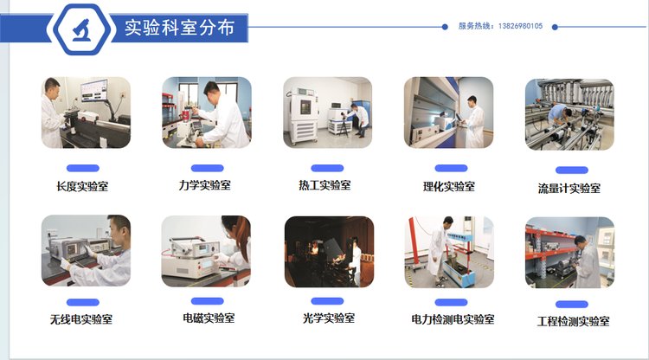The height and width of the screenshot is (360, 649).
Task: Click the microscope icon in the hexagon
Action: coord(81,29)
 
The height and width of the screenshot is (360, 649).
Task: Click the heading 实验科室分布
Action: coord(180,28)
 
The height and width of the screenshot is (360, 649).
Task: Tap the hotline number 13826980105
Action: coord(520,26)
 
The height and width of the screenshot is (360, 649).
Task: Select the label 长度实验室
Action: coord(82,187)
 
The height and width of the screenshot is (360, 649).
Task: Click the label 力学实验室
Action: coord(204,185)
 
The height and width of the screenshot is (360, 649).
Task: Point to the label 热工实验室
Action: coord(324,185)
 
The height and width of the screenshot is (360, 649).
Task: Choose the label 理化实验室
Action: coord(448,187)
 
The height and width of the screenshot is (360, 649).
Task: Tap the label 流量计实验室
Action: coord(569,189)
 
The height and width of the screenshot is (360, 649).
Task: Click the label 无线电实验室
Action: coord(81,319)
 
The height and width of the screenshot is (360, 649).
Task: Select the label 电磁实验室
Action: coord(209,318)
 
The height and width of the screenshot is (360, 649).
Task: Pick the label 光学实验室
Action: coord(329,318)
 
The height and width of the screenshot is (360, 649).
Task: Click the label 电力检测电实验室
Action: coord(453,319)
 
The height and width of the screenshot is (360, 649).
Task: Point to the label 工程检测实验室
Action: coord(573,322)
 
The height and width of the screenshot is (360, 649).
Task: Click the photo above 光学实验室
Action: coord(329,252)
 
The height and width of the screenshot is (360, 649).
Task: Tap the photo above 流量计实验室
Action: coord(569,114)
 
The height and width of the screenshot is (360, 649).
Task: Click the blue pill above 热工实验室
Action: coord(327,168)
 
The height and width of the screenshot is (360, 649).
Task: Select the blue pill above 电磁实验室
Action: coord(208,301)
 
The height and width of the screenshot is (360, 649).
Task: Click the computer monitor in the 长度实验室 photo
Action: coord(94,91)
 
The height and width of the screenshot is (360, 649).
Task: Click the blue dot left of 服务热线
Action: coord(445,27)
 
